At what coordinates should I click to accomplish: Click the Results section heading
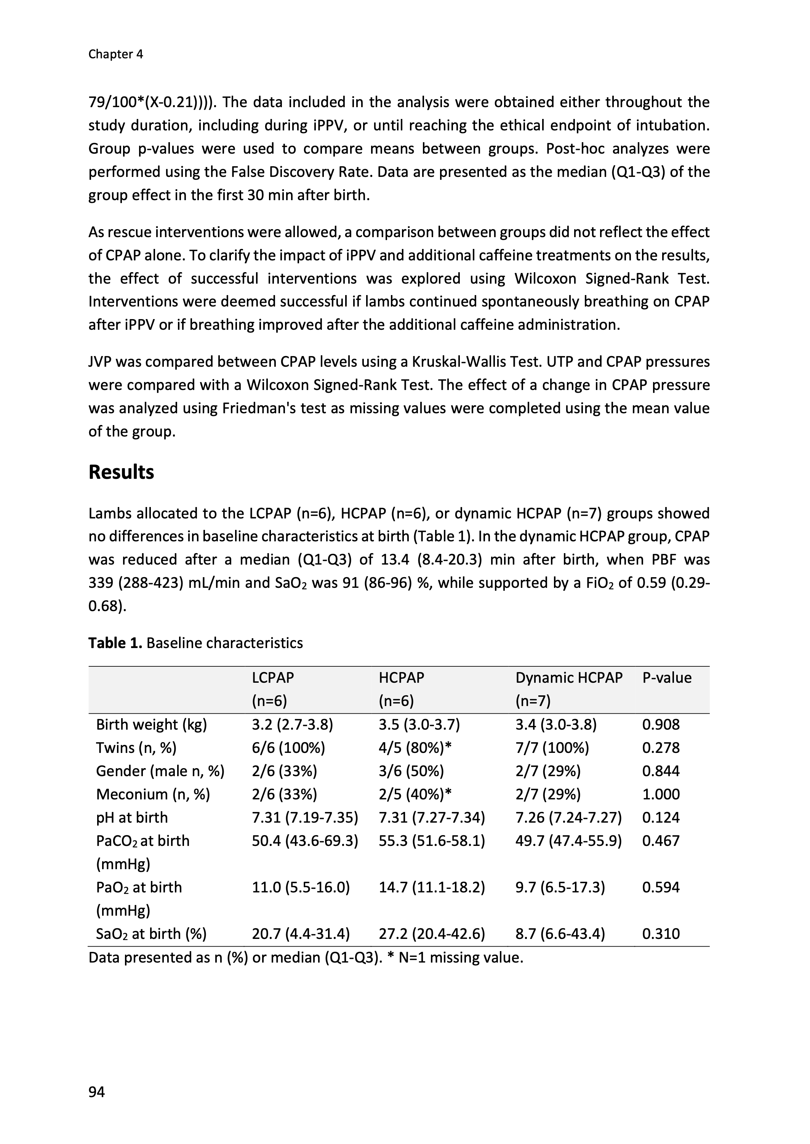[x=121, y=472]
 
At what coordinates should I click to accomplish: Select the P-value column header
[x=667, y=677]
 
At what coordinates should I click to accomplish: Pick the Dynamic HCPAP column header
[x=568, y=677]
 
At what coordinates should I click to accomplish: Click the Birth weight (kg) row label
[x=151, y=724]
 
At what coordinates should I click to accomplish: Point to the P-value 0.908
[x=661, y=724]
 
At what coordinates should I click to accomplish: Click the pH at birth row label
[x=132, y=817]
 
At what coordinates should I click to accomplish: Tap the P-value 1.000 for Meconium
[x=661, y=794]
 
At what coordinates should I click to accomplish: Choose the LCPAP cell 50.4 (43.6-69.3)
[x=305, y=841]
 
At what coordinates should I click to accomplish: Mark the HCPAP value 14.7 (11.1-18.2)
[x=431, y=887]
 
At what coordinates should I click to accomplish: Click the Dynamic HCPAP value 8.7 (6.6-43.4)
[x=560, y=934]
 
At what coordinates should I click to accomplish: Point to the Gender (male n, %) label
[x=160, y=771]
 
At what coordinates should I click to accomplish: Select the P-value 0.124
[x=661, y=817]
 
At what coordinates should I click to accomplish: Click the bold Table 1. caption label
[x=115, y=643]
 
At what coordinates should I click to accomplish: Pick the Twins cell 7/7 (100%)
[x=552, y=748]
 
